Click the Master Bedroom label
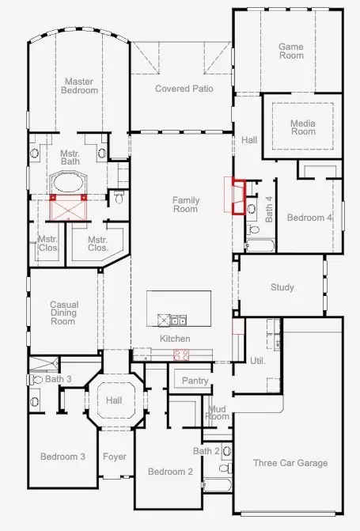point(80,85)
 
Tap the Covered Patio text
point(184,89)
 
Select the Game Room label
point(290,51)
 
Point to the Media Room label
point(302,127)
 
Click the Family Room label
point(185,204)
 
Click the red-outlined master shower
point(68,207)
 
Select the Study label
point(282,287)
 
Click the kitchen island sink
point(180,320)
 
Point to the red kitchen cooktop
point(181,354)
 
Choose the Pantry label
point(195,381)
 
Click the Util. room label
point(257,361)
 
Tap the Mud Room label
point(217,412)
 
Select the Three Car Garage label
point(290,463)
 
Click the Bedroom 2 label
point(170,472)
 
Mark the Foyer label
point(115,457)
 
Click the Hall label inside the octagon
point(115,401)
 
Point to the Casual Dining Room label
point(63,313)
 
